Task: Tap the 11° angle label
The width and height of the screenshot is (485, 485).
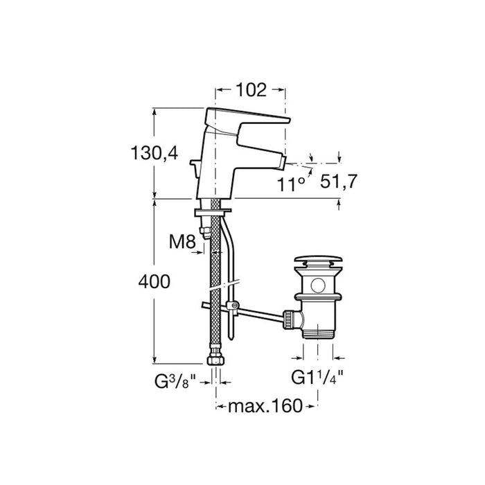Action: pyautogui.click(x=292, y=184)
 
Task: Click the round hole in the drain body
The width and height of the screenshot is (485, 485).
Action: pyautogui.click(x=318, y=284)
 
